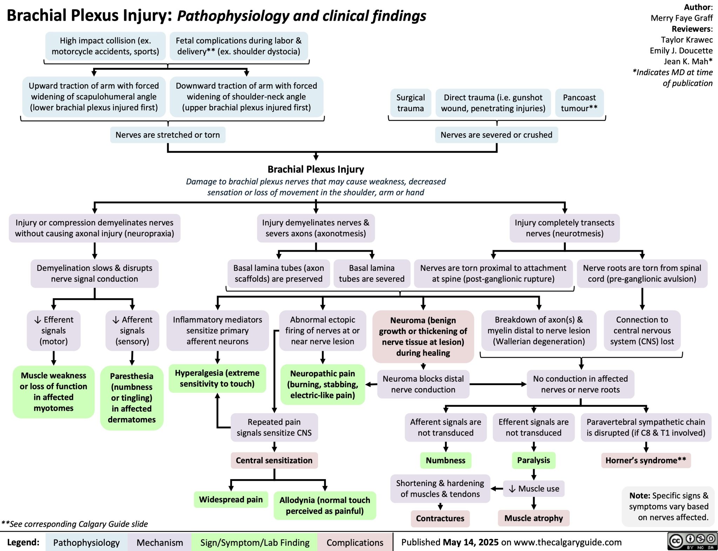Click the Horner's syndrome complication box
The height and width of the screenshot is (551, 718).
coord(645,460)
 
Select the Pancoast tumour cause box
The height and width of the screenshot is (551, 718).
coord(579,103)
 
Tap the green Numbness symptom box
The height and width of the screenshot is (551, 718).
coord(446,460)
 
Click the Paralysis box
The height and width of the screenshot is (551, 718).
coord(533,460)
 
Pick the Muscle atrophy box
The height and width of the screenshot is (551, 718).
coord(533,518)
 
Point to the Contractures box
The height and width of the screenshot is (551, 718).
coord(440,518)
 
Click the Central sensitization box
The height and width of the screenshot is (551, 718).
coord(274,460)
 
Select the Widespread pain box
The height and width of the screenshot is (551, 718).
coord(231,499)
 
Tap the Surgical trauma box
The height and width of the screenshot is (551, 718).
coord(410,103)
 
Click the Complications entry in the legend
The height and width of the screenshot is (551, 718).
coord(355,543)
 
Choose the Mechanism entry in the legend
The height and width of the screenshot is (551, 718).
coord(160,543)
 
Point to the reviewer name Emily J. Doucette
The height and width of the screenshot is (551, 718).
coord(681,51)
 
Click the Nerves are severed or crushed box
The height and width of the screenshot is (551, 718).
coord(496,135)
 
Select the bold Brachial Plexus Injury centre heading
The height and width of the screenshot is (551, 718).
coord(316,169)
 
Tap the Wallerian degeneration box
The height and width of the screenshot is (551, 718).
coord(538,330)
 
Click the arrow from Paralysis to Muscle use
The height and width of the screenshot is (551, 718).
coord(534,475)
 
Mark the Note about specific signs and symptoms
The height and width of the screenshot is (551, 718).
coord(668,506)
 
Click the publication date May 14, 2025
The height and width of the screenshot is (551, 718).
coord(470,542)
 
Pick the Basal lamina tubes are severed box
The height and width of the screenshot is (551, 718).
coord(372,273)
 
